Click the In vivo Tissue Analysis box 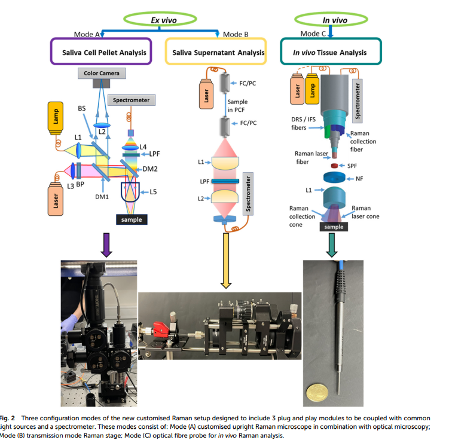(329, 53)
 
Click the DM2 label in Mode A (151, 170)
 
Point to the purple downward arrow (106, 246)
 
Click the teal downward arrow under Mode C (333, 244)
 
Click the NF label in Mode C (359, 178)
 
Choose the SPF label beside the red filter (352, 165)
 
